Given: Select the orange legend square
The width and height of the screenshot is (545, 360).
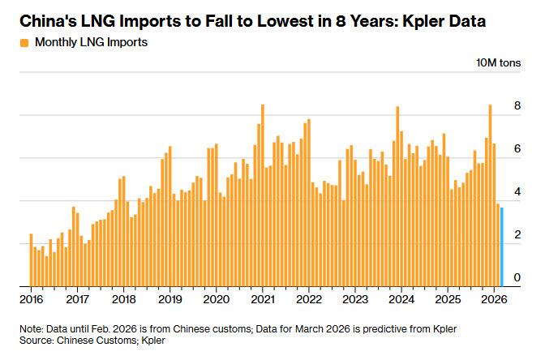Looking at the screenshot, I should coord(24,42).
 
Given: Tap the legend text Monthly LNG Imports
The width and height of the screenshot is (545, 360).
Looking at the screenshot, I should coord(90,42).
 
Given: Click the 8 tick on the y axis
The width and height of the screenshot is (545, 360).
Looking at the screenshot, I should coord(517,106).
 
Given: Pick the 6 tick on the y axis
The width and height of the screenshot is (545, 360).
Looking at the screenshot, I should coord(517,149).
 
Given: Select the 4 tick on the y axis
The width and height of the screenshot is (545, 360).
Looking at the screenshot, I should coord(517,192).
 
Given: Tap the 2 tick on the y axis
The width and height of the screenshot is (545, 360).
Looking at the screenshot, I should coord(517,235).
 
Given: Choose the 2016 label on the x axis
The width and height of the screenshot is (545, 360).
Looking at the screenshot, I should coord(31,298).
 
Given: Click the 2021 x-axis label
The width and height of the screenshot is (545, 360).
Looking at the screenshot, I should coord(263,298).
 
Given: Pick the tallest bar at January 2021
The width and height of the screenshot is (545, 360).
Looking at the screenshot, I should coord(263,195).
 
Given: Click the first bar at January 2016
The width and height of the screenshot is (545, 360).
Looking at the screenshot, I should coord(31,259).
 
